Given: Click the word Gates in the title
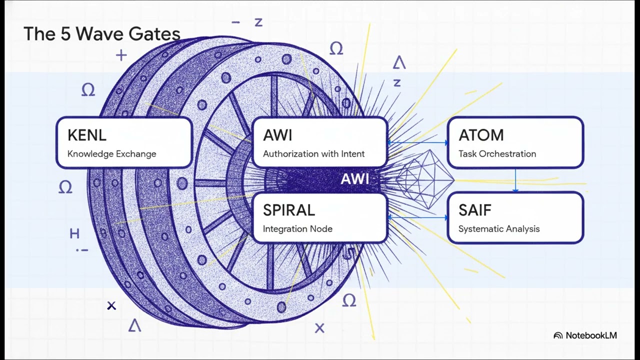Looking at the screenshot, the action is [154, 33].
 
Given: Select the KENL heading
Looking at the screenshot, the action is [87, 135].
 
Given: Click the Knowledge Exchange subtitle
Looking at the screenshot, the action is [111, 153].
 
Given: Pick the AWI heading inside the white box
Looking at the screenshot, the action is [277, 135].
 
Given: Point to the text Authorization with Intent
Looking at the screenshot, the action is [313, 153].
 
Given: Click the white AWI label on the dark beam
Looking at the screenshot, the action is [355, 179].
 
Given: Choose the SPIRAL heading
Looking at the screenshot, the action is [289, 210].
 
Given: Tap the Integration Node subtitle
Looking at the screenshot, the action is [297, 229].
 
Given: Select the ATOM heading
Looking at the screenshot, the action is [481, 135].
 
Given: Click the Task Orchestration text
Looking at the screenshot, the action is [497, 153].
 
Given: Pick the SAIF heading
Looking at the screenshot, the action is [475, 210].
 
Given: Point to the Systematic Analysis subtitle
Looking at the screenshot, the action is [499, 229].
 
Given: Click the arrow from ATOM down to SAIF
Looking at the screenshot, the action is [515, 180].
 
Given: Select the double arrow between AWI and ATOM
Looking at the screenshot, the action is [417, 142].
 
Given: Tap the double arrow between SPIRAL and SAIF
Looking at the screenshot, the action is [417, 217].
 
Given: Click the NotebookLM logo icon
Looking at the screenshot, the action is [558, 335].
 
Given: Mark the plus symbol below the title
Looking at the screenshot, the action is [121, 55].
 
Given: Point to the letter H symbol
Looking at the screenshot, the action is [74, 233].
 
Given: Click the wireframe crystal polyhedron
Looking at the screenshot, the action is [425, 179].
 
